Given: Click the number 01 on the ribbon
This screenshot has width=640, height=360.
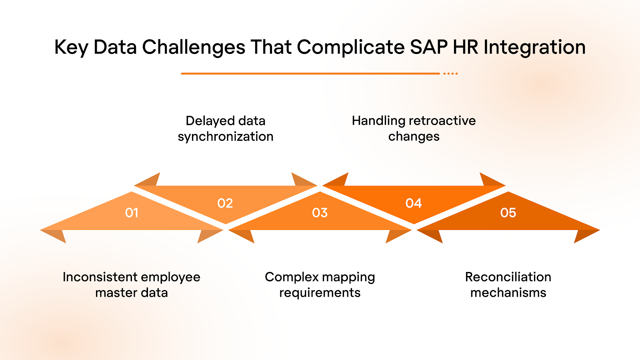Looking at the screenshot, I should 132,213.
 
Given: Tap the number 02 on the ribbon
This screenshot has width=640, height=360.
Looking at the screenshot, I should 225,203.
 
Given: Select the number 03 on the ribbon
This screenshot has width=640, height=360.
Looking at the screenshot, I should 320,213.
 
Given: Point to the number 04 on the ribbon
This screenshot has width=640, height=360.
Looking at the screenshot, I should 414,203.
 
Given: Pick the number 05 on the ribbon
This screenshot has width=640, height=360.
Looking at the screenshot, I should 508,213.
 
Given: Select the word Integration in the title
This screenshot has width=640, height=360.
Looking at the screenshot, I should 534,47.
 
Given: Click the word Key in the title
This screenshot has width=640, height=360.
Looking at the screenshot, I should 71,47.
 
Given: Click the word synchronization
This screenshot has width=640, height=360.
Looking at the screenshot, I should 226,136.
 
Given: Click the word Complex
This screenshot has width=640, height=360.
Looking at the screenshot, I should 292,277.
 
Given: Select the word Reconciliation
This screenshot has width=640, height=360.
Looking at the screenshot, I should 508,277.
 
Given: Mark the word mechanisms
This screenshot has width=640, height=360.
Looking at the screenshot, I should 508,293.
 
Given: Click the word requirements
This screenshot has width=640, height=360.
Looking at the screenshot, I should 320,293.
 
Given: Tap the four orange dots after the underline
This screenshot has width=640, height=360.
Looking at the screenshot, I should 451,74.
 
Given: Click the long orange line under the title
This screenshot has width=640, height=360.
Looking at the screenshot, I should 310,74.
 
